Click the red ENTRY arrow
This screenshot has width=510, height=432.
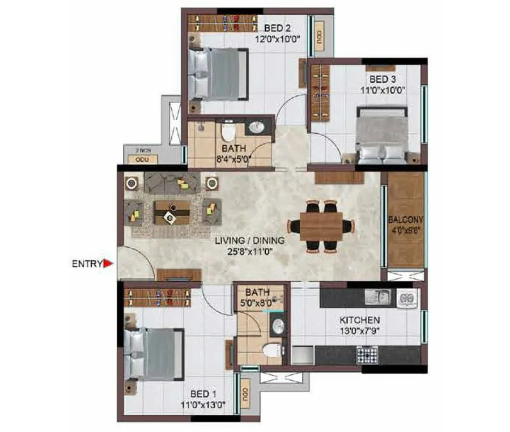coord(108,263)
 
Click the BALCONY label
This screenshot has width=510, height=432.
coord(406,219)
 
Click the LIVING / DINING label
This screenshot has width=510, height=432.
coord(249,240)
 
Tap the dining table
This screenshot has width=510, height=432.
coord(321,226)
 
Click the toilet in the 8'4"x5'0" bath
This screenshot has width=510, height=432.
coord(228,132)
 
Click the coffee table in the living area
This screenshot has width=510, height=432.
coord(172,211)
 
